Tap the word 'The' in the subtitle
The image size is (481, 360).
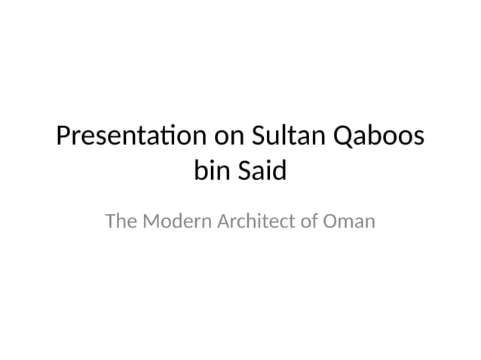coord(121,222)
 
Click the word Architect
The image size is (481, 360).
coord(259,222)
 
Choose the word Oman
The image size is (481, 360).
coord(350,222)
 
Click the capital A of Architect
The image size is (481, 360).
coord(223,222)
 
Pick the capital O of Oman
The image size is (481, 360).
coord(331,222)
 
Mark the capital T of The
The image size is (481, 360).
coord(111,222)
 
